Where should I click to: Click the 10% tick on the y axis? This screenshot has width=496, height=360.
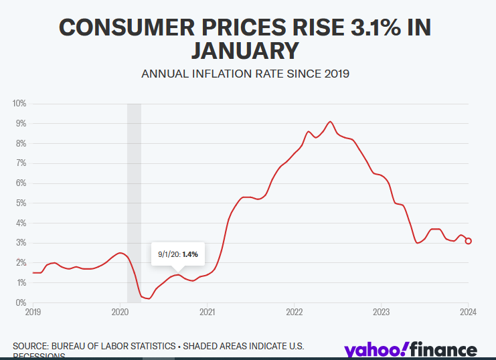[18, 104]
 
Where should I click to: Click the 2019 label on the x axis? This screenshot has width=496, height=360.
[33, 312]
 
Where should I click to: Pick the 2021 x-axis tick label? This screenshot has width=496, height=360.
[208, 312]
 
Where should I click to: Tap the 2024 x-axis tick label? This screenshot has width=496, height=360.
[468, 312]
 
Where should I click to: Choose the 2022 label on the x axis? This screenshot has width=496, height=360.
[295, 312]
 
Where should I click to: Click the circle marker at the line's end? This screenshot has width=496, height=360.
[469, 241]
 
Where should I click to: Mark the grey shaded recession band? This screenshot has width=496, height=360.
[134, 201]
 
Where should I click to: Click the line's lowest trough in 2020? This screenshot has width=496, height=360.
[148, 298]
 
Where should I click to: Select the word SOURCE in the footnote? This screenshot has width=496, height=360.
[29, 346]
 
